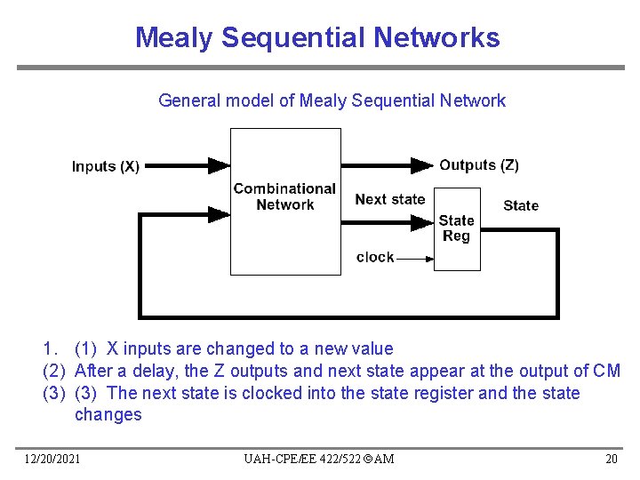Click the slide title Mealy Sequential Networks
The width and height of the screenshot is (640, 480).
tap(317, 37)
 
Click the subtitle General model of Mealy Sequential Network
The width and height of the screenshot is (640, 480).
tap(332, 100)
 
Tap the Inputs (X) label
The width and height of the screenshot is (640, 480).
tap(105, 166)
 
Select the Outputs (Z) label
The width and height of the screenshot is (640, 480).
tap(479, 164)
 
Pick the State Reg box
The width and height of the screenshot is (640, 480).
tap(457, 228)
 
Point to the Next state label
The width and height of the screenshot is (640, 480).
tap(389, 199)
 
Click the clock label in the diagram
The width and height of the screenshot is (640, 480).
tap(374, 257)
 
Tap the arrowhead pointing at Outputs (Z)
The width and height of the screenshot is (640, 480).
tap(421, 164)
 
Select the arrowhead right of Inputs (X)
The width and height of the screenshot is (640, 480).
tap(219, 164)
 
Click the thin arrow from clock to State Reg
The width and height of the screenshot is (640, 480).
tap(414, 258)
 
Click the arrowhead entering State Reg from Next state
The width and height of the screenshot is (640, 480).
tap(422, 223)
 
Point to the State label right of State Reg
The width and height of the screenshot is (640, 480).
tap(521, 205)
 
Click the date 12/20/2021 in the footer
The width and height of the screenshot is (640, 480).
tap(52, 459)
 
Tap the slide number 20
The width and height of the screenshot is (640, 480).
tap(611, 459)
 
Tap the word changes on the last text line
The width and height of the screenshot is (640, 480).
tap(108, 414)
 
